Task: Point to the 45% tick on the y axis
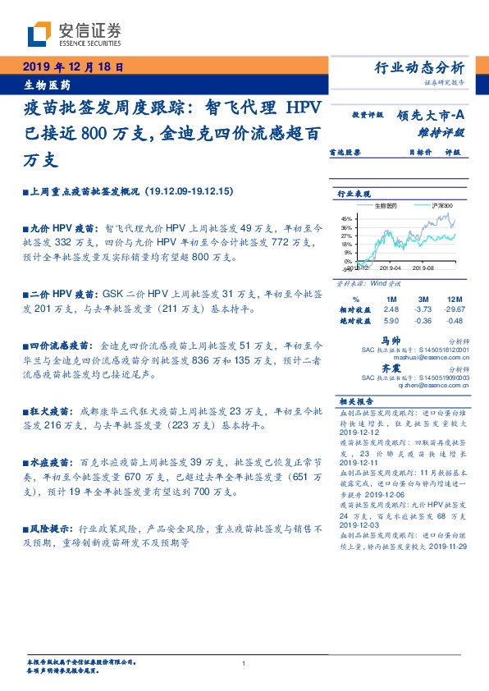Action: [x=346, y=217]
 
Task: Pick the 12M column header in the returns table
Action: [x=455, y=299]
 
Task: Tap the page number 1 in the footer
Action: [x=244, y=663]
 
